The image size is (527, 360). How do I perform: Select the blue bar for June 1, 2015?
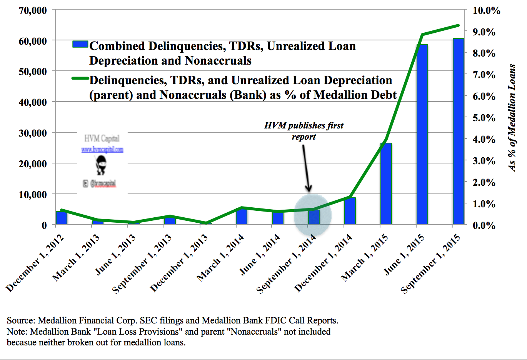point(422,135)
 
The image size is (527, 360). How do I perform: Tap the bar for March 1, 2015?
point(386,184)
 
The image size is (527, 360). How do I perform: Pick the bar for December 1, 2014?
point(350,211)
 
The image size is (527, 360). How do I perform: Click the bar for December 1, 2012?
point(62,218)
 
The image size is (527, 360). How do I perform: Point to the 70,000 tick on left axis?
point(33,10)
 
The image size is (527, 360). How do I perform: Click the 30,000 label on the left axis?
point(33,133)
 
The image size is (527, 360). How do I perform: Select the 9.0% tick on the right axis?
point(484,32)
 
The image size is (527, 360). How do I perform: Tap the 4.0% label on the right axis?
point(484,139)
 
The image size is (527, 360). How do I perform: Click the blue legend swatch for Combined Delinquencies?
point(80,44)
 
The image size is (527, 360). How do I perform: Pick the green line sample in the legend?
point(80,78)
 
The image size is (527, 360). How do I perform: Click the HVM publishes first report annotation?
point(304,131)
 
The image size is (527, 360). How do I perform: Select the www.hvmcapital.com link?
point(102,150)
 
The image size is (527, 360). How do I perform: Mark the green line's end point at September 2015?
point(458,26)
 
